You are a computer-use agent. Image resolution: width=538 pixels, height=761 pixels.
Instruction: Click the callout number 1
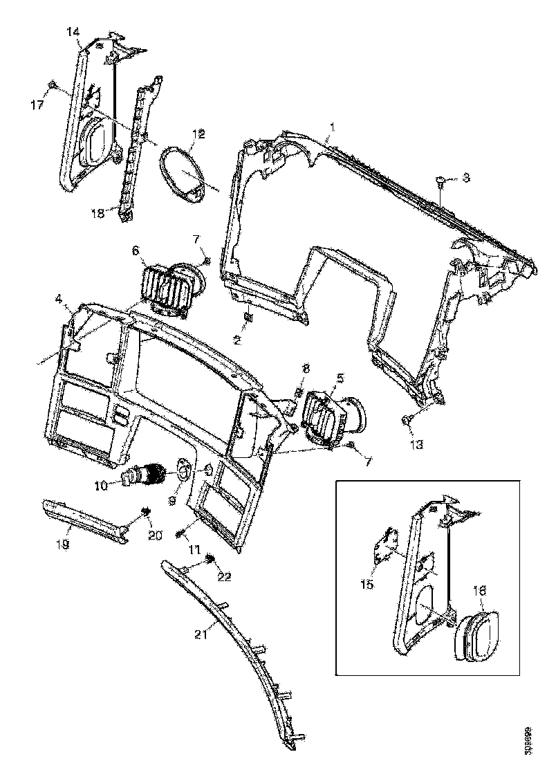pos(333,127)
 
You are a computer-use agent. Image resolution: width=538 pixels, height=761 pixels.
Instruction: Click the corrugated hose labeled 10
pos(145,475)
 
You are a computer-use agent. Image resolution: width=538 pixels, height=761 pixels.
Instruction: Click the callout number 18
pos(98,214)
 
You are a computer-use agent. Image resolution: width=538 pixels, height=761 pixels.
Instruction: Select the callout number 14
pos(73,32)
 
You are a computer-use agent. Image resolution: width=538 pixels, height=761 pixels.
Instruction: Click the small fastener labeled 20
pos(146,511)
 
